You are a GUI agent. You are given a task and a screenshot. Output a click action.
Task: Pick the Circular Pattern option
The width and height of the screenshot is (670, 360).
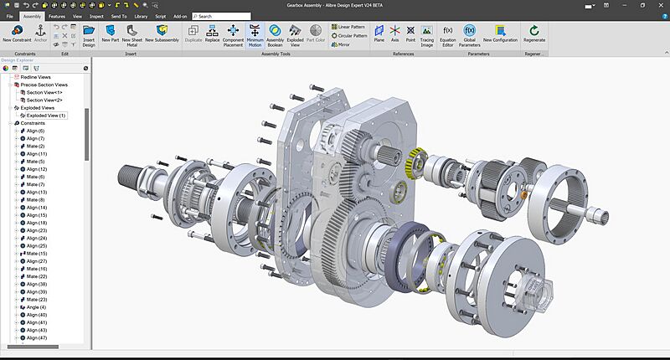pyautogui.click(x=350, y=36)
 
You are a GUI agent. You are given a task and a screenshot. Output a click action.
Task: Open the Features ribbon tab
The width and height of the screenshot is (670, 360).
pyautogui.click(x=57, y=16)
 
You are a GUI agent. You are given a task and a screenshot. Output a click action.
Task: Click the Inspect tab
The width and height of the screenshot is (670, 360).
pyautogui.click(x=96, y=16)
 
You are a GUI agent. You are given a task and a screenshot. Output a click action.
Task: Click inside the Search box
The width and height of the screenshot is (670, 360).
pyautogui.click(x=226, y=16)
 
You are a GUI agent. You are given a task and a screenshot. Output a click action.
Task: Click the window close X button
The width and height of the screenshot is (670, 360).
pyautogui.click(x=659, y=5)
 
